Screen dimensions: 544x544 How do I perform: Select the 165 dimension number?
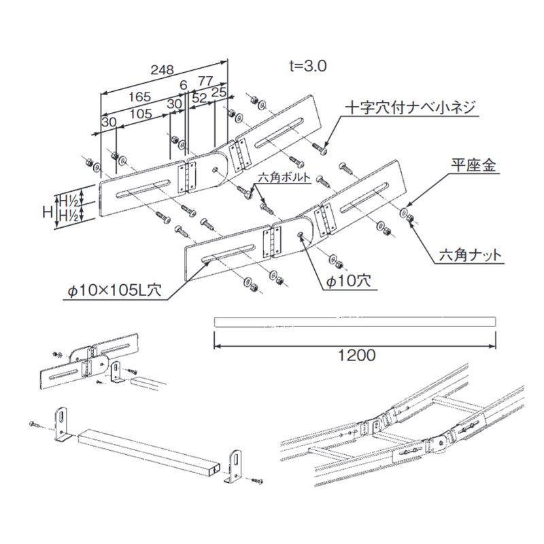(x=139, y=97)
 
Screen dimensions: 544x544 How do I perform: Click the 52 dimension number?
(x=200, y=98)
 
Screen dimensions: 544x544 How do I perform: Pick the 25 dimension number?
(x=219, y=90)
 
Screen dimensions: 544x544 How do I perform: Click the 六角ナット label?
(x=470, y=256)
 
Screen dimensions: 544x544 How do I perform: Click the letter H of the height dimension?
(x=47, y=211)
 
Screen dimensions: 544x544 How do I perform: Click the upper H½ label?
(x=67, y=201)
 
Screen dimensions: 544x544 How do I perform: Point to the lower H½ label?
(x=67, y=216)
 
